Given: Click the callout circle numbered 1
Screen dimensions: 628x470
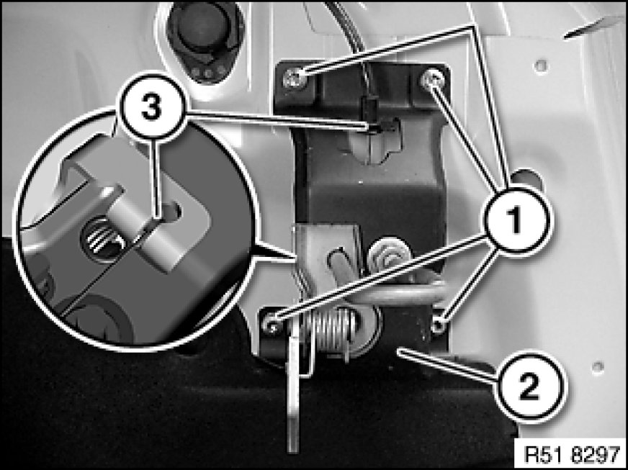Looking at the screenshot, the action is (517, 219).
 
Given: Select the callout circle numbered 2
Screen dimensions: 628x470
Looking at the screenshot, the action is (529, 387).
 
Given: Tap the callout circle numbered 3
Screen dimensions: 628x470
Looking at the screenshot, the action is (152, 108).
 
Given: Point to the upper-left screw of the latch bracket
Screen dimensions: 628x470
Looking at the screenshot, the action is (295, 78).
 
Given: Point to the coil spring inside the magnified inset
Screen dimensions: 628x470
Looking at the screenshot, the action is (99, 237).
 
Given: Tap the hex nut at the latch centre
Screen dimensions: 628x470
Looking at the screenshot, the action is (386, 256).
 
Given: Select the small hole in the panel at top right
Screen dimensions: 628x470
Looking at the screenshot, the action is (541, 65).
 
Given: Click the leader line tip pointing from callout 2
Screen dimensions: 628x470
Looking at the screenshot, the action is (399, 351).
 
